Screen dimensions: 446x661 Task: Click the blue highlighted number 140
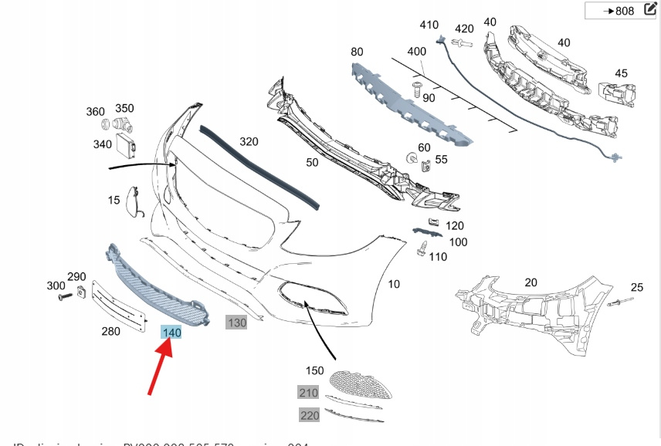pyautogui.click(x=171, y=333)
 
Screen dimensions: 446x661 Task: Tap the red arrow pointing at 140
pyautogui.click(x=159, y=366)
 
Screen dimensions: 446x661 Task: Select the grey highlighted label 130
pyautogui.click(x=236, y=323)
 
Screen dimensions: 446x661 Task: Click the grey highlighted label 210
pyautogui.click(x=309, y=393)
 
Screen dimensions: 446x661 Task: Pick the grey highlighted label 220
pyautogui.click(x=309, y=415)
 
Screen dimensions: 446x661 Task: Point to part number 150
pyautogui.click(x=314, y=370)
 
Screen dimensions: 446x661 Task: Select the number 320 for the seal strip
pyautogui.click(x=249, y=142)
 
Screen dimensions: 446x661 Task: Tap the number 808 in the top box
pyautogui.click(x=623, y=12)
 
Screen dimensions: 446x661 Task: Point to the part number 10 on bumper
pyautogui.click(x=394, y=284)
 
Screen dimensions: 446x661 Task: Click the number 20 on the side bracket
pyautogui.click(x=530, y=282)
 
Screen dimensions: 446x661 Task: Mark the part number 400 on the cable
pyautogui.click(x=416, y=51)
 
